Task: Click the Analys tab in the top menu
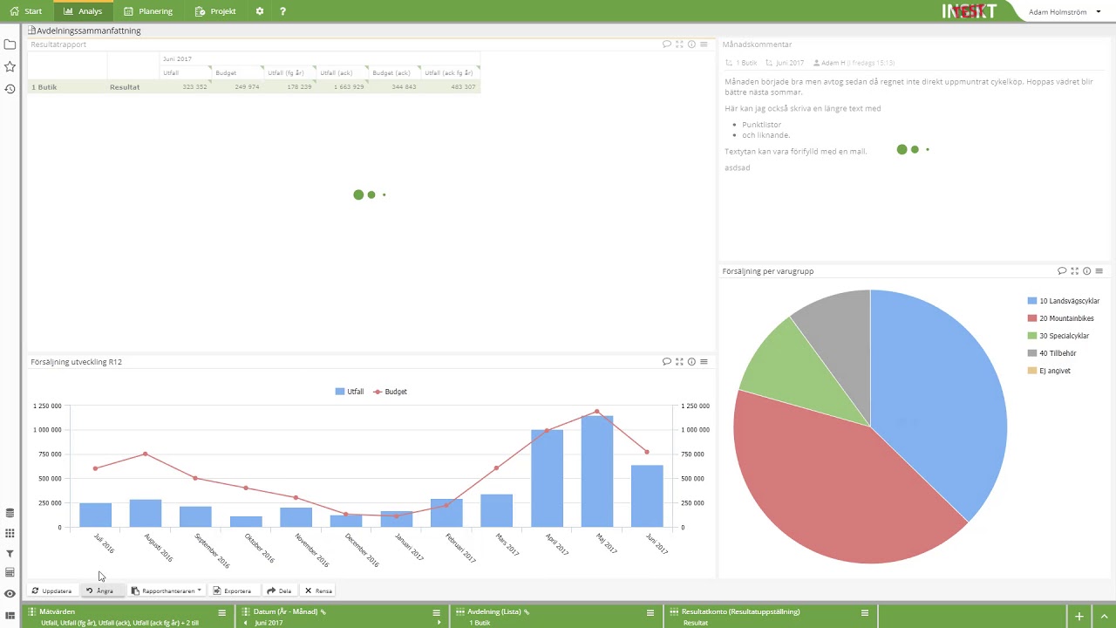pyautogui.click(x=83, y=11)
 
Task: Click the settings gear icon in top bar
pyautogui.click(x=259, y=11)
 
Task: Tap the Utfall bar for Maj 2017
pyautogui.click(x=597, y=472)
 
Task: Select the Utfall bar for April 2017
pyautogui.click(x=547, y=479)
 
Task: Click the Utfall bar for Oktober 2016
pyautogui.click(x=246, y=522)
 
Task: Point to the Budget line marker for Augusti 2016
pyautogui.click(x=146, y=454)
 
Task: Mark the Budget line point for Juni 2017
pyautogui.click(x=646, y=452)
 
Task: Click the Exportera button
pyautogui.click(x=232, y=590)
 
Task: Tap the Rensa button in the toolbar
pyautogui.click(x=318, y=590)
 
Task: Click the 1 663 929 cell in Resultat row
pyautogui.click(x=348, y=87)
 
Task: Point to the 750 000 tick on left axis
pyautogui.click(x=47, y=454)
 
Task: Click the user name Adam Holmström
pyautogui.click(x=1058, y=12)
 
